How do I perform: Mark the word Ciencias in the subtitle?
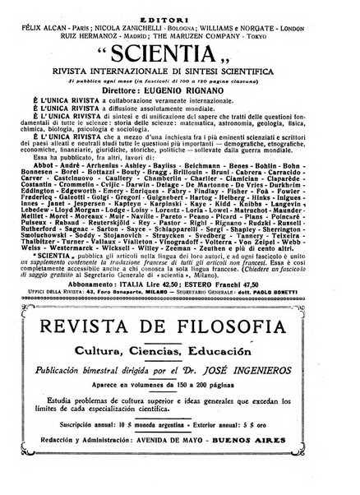[167, 372]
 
